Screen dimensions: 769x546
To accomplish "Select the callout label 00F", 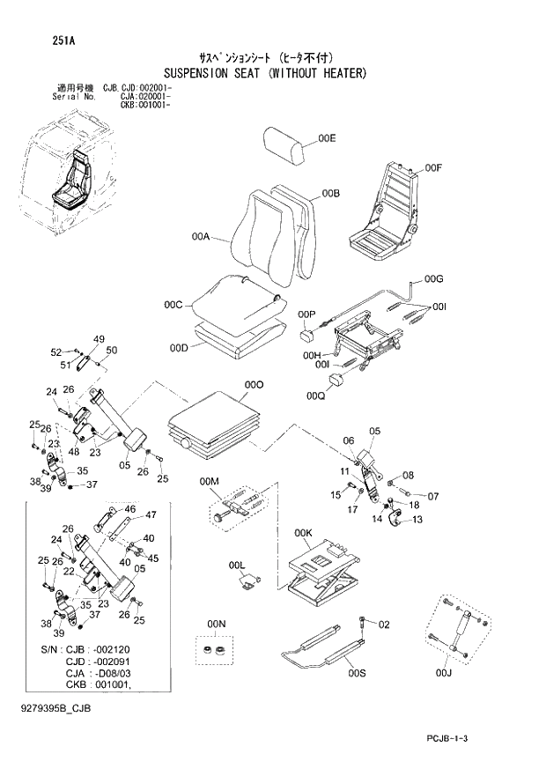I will tap(432, 167).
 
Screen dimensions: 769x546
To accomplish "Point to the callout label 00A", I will tap(200, 237).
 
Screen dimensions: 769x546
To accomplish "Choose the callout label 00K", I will tap(304, 533).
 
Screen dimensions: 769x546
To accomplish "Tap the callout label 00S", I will tap(357, 674).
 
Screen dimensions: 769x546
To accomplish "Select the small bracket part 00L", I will tap(250, 580).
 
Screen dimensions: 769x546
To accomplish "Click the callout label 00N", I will tap(216, 624).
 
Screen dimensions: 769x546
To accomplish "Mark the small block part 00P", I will tap(307, 335).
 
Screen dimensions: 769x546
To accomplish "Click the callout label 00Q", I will tap(316, 396).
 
